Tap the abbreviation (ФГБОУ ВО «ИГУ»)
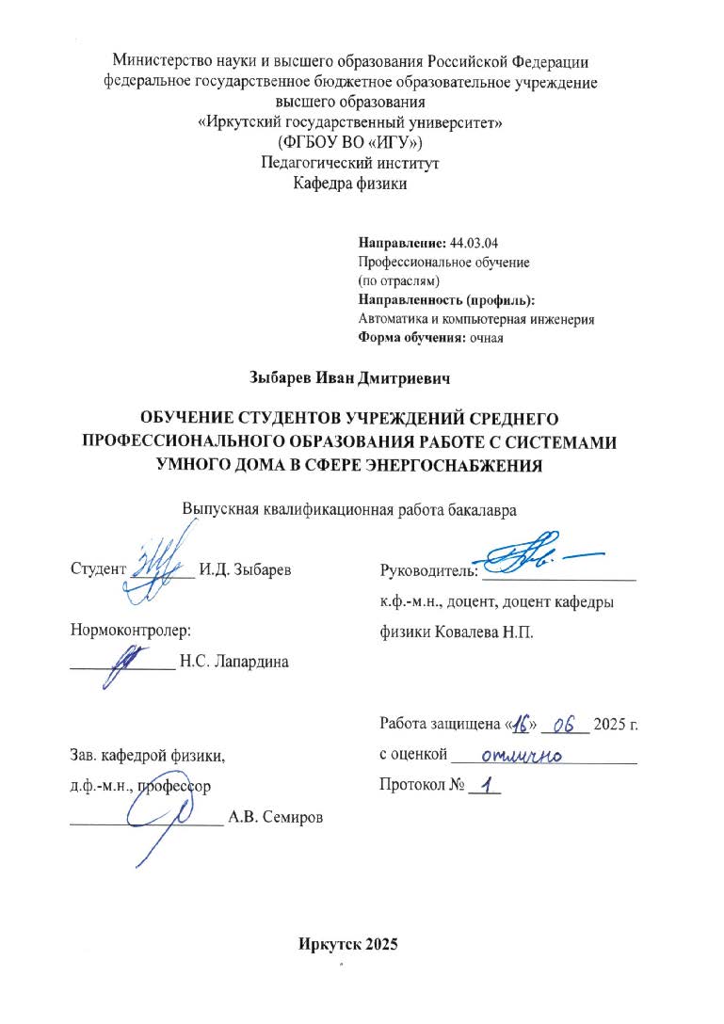(x=350, y=142)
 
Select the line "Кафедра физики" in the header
(x=350, y=184)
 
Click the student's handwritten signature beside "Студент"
(x=156, y=568)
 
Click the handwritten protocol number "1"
(x=487, y=785)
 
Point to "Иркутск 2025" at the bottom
(x=348, y=945)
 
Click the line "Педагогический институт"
(x=350, y=163)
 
